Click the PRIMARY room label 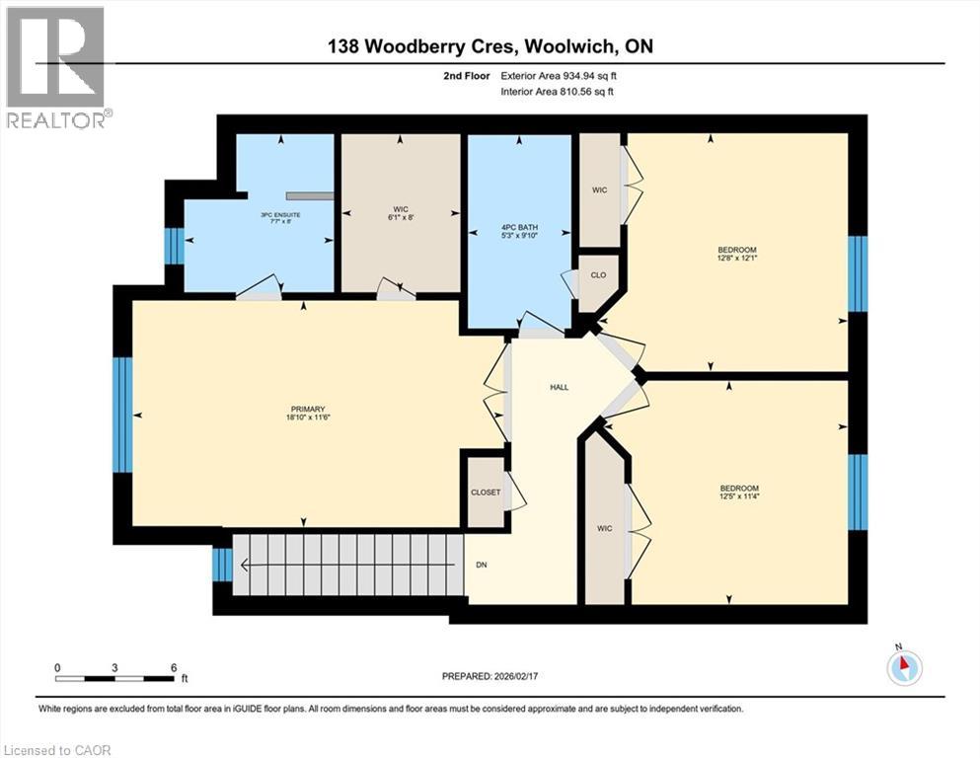[x=308, y=409]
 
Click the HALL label [x=559, y=388]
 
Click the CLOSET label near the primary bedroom [x=486, y=492]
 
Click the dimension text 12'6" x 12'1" [x=737, y=260]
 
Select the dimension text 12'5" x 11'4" [x=738, y=496]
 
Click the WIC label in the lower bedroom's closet [x=605, y=529]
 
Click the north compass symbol [x=903, y=668]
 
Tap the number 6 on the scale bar [x=174, y=667]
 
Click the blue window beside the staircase [x=222, y=565]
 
